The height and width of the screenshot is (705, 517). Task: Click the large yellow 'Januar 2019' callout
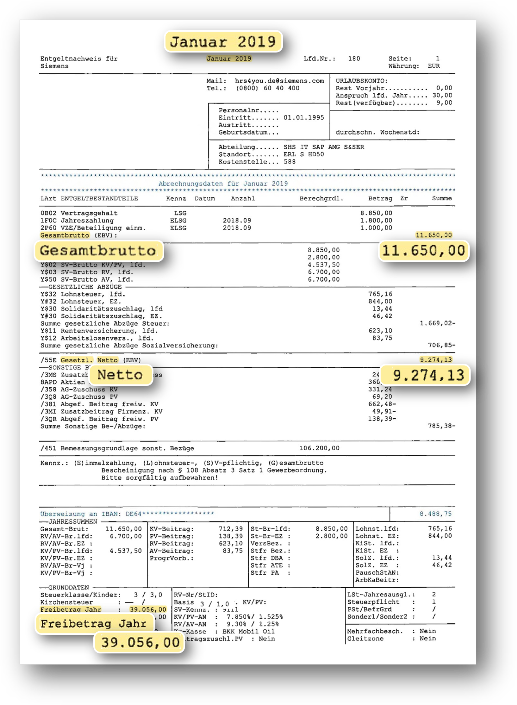pyautogui.click(x=223, y=42)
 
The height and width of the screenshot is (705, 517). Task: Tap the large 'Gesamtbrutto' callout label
pyautogui.click(x=99, y=251)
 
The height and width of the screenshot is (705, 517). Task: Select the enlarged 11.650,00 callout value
pyautogui.click(x=424, y=251)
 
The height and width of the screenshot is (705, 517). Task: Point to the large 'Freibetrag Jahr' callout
pyautogui.click(x=94, y=624)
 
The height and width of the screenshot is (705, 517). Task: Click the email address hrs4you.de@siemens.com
pyautogui.click(x=279, y=81)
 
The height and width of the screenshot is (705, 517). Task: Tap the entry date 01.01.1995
pyautogui.click(x=304, y=118)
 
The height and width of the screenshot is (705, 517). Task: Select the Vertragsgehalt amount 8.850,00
pyautogui.click(x=376, y=213)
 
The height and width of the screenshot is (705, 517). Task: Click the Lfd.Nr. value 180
pyautogui.click(x=354, y=59)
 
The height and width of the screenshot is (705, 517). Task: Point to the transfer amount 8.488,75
pyautogui.click(x=435, y=514)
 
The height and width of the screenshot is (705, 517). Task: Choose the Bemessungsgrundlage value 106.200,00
pyautogui.click(x=319, y=448)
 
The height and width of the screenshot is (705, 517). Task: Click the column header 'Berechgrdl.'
pyautogui.click(x=321, y=199)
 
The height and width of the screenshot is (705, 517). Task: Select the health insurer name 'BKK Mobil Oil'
pyautogui.click(x=248, y=631)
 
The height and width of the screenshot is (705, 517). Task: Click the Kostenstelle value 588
pyautogui.click(x=290, y=162)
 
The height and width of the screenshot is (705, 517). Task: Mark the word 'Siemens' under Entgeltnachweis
pyautogui.click(x=54, y=66)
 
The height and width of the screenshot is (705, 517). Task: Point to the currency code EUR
pyautogui.click(x=434, y=66)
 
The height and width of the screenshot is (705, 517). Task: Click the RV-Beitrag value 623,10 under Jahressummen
pyautogui.click(x=230, y=544)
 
